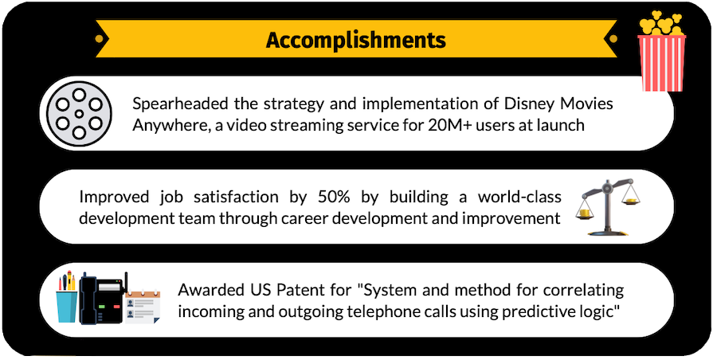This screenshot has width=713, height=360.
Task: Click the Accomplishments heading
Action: click(355, 39)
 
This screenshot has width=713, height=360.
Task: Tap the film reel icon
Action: click(79, 113)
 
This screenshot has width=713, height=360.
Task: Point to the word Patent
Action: click(285, 288)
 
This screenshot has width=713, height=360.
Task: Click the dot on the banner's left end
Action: click(98, 38)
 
